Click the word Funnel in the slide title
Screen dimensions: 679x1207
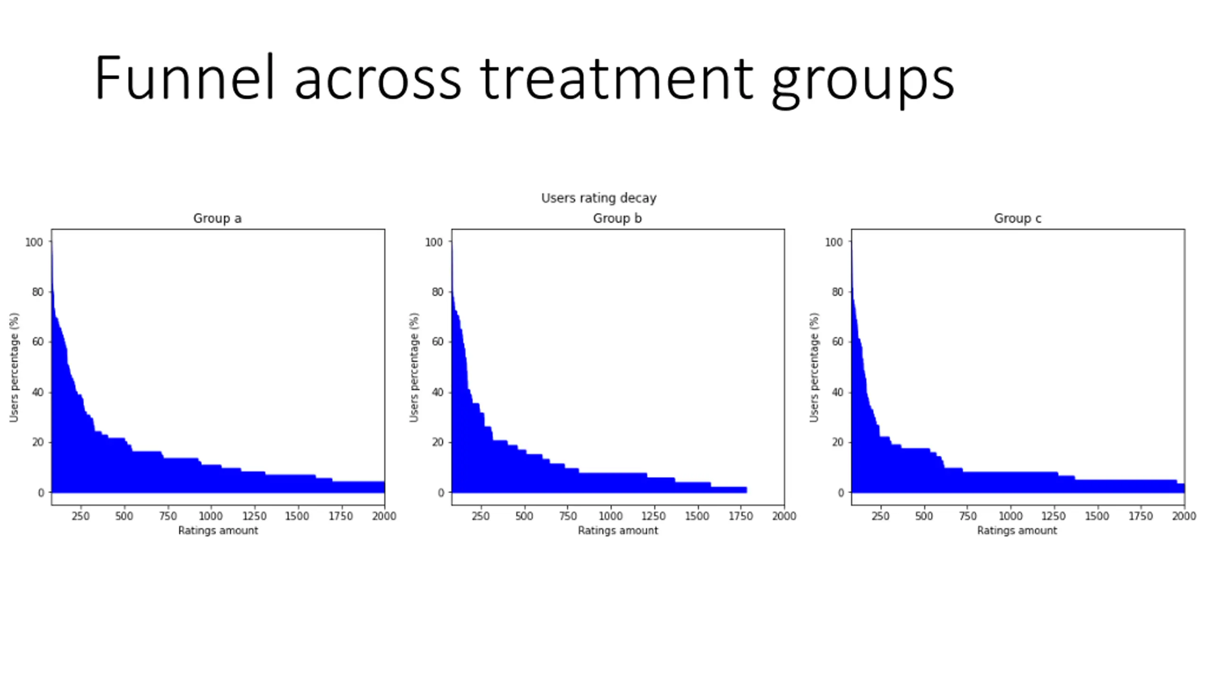[x=184, y=78]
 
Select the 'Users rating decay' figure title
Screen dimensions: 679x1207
[x=598, y=198]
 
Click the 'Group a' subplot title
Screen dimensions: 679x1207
[x=217, y=218]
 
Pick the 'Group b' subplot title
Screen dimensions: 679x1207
[x=617, y=218]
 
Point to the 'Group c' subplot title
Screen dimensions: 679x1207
[x=1017, y=218]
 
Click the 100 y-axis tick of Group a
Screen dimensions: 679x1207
[x=34, y=242]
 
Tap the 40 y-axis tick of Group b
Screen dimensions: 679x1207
[x=438, y=392]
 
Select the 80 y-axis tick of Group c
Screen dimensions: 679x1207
[x=837, y=292]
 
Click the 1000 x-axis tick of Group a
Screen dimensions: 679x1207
[x=210, y=516]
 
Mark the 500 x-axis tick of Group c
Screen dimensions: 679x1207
[x=924, y=516]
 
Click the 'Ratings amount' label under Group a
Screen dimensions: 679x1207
[x=218, y=530]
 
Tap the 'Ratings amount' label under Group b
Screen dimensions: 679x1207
[x=618, y=530]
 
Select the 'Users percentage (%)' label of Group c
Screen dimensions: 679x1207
[x=814, y=367]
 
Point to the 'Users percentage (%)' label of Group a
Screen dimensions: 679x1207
[x=14, y=367]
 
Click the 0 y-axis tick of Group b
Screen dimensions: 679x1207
[x=441, y=492]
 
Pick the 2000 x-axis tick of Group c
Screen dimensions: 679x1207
[x=1184, y=516]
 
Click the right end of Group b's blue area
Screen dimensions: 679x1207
[x=745, y=490]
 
